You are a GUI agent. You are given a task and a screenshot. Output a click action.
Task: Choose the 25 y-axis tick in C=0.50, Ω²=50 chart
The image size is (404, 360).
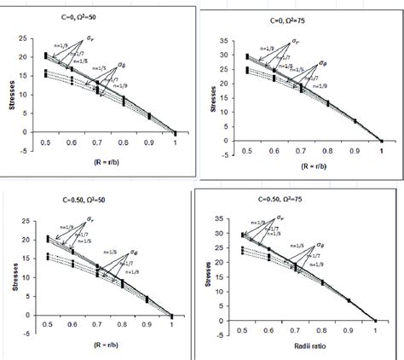26,220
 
